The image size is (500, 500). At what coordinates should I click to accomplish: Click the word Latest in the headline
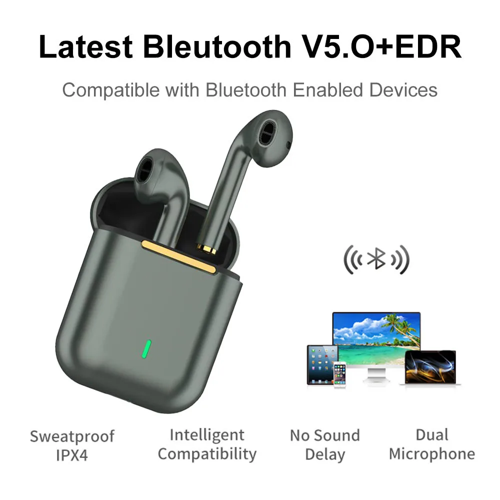point(85,46)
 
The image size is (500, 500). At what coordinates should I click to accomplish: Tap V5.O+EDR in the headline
point(381,46)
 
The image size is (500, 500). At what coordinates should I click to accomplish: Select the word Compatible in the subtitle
point(110,90)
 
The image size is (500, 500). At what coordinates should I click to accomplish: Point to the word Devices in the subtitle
point(403,89)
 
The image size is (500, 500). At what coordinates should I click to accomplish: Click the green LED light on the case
point(146,349)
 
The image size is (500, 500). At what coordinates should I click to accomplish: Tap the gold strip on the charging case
point(178,257)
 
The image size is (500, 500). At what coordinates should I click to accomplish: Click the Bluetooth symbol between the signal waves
point(376,259)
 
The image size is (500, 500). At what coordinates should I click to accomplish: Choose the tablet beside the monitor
point(322,365)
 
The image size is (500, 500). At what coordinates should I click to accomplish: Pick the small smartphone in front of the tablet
point(339,374)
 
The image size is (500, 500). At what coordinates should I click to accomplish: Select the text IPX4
point(71,455)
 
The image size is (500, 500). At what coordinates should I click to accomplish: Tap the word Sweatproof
point(72,436)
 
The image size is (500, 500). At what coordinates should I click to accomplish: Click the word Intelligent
point(207,435)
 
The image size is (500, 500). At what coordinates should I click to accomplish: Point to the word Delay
point(325,454)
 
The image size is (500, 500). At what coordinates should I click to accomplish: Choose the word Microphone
point(432,454)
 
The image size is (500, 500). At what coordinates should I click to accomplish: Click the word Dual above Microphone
point(432,434)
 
